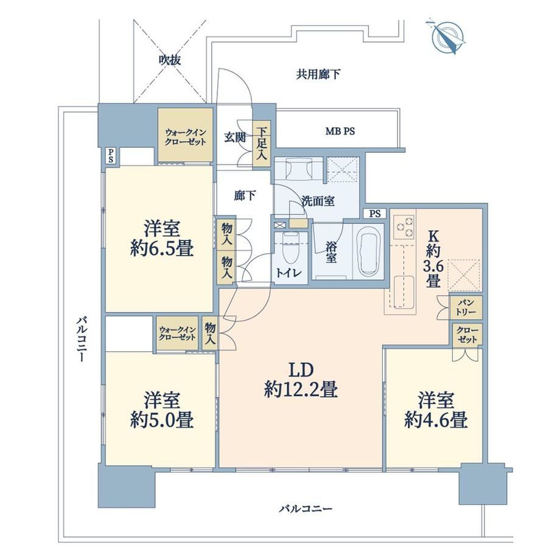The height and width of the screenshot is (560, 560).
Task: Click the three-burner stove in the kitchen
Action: click(404, 227)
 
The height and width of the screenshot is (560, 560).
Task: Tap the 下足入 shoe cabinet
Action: click(261, 145)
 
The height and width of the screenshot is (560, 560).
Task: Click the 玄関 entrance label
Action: click(234, 138)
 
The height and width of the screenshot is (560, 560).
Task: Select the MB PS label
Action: click(340, 131)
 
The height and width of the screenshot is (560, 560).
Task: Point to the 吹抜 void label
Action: click(170, 60)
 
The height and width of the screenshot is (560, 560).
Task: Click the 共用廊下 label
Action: click(318, 74)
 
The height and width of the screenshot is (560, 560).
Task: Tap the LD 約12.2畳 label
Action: click(301, 380)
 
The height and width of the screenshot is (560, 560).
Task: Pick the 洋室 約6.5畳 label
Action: click(162, 238)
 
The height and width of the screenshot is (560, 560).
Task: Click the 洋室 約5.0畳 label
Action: click(162, 410)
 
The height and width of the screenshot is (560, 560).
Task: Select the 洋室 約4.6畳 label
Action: click(436, 410)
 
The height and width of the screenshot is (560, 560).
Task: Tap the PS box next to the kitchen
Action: click(374, 214)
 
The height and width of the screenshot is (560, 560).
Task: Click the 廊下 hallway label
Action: click(245, 195)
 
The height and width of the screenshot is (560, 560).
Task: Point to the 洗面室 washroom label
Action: click(318, 201)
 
